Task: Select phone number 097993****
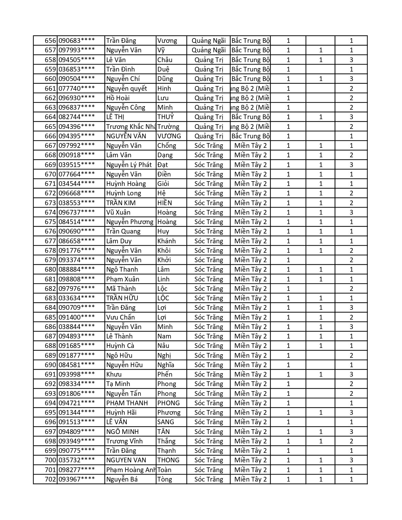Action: click(77, 50)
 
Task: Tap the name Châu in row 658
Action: click(165, 60)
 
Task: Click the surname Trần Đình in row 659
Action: click(120, 69)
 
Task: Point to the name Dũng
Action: click(165, 79)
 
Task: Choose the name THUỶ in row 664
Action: click(166, 117)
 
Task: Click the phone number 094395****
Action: click(77, 136)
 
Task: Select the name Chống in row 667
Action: click(167, 146)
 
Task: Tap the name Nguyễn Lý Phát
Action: click(129, 165)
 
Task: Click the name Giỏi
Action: click(163, 184)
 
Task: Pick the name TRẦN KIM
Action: click(121, 203)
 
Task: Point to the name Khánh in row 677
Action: click(166, 241)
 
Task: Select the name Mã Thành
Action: click(121, 289)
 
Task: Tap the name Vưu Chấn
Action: click(120, 317)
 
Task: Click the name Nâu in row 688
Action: click(163, 346)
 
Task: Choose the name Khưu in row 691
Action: click(114, 374)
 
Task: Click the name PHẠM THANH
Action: click(127, 403)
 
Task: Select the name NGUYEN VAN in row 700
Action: click(126, 460)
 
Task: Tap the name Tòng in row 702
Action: click(165, 479)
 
